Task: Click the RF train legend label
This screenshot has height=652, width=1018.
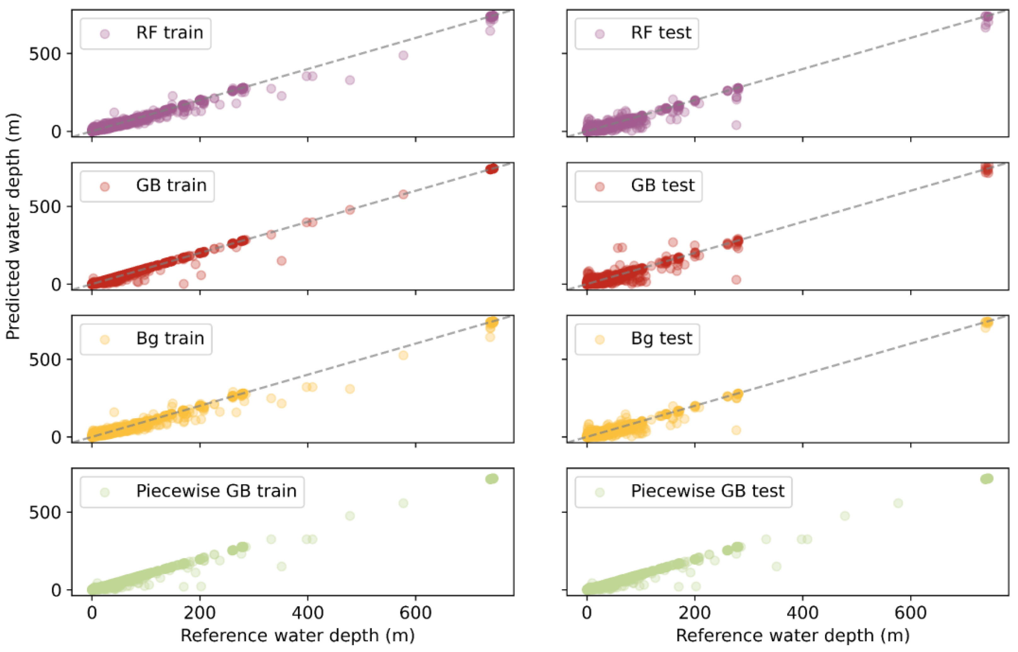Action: tap(169, 32)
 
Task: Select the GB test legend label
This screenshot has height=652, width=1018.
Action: tap(662, 185)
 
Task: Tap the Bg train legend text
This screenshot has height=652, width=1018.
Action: tap(170, 338)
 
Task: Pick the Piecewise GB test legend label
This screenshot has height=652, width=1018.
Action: tap(707, 491)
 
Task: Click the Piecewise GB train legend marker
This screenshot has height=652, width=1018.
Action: tap(105, 492)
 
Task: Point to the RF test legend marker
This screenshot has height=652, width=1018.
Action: tap(600, 34)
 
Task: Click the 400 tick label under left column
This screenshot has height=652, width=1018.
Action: tap(307, 613)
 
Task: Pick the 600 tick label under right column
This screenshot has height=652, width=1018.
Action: tap(910, 613)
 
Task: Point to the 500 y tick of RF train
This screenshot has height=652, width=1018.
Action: tap(45, 54)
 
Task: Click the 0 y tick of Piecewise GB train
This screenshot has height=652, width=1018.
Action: tap(56, 590)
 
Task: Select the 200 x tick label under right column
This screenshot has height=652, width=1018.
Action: tap(695, 613)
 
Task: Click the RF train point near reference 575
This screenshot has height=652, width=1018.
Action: tap(403, 55)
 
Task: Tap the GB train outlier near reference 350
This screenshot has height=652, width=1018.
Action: tap(282, 260)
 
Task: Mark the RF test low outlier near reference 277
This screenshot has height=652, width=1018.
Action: tap(736, 125)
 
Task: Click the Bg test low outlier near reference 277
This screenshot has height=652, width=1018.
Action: tap(736, 430)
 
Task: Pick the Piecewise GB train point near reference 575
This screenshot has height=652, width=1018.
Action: tap(403, 503)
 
